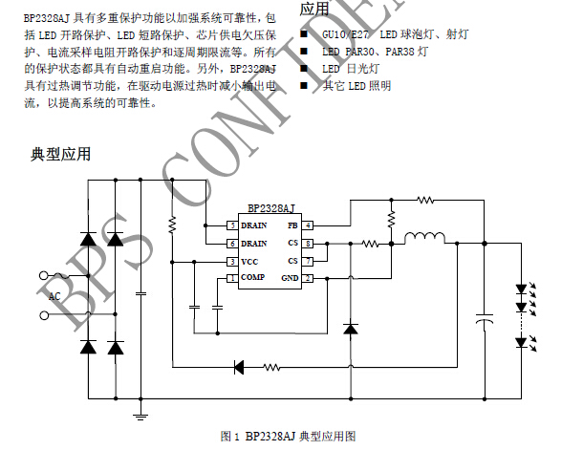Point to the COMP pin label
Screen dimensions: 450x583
pyautogui.click(x=253, y=278)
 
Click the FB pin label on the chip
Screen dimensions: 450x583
pyautogui.click(x=292, y=225)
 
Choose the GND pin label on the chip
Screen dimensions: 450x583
pyautogui.click(x=290, y=278)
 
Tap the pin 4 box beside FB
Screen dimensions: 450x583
pyautogui.click(x=309, y=225)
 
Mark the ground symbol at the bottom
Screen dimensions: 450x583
pyautogui.click(x=141, y=415)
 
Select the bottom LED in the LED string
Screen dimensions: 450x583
pyautogui.click(x=522, y=342)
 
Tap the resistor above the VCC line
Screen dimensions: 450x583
pyautogui.click(x=172, y=225)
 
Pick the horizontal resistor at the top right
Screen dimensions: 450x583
pyautogui.click(x=425, y=200)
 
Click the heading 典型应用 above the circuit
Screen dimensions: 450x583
pyautogui.click(x=60, y=153)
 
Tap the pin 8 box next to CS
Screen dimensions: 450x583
pyautogui.click(x=309, y=244)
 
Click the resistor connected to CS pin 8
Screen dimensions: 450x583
pyautogui.click(x=370, y=244)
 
